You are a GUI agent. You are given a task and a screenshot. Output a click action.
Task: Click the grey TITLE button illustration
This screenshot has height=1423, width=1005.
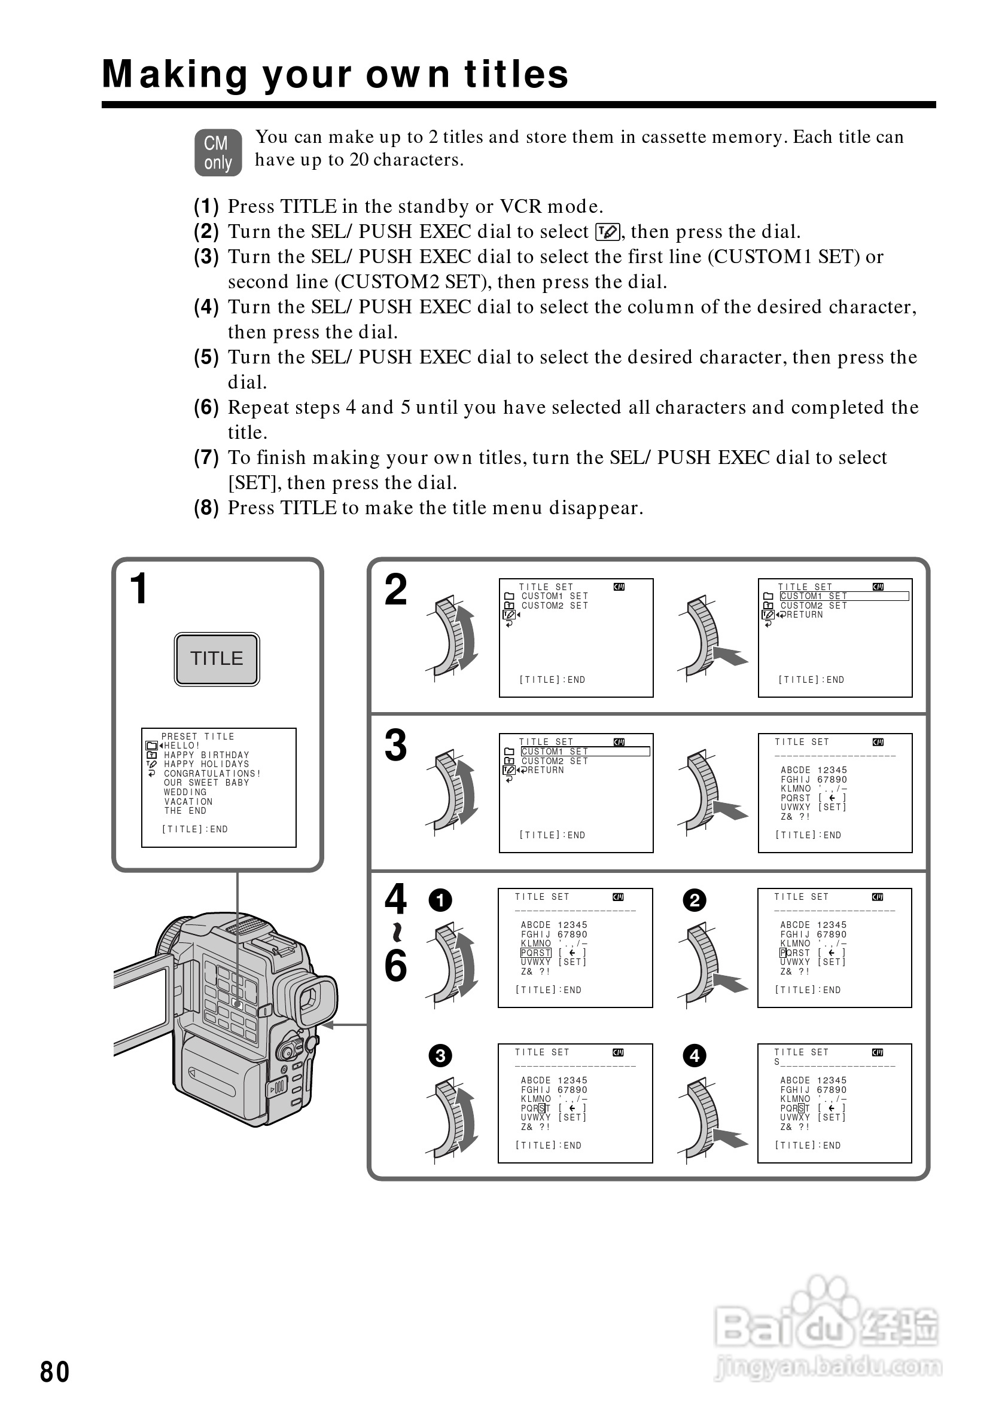coord(217,659)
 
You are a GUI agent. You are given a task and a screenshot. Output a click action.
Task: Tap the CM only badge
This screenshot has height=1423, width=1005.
coord(218,152)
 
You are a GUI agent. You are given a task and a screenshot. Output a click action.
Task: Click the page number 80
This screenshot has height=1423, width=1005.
coord(54,1372)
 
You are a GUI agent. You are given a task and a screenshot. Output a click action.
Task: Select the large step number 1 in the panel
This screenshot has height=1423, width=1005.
coord(138,589)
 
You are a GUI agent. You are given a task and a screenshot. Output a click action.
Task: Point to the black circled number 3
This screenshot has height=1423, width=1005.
coord(440,1055)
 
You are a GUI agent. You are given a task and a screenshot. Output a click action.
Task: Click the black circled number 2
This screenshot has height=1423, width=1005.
coord(695,900)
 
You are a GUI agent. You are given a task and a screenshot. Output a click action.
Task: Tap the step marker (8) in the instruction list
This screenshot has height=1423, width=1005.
coord(206,508)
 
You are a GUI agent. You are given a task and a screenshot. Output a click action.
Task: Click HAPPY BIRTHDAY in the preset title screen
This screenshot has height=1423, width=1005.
coord(206,755)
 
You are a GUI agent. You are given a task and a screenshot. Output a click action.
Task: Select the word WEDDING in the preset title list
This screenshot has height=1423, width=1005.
coord(185,792)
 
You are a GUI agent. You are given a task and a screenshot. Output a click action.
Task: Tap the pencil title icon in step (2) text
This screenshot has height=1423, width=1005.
coord(607,232)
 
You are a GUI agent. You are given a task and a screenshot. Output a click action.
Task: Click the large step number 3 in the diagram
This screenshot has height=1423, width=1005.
coord(395,746)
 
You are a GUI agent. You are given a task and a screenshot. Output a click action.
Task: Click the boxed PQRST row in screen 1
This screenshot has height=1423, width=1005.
coord(535,952)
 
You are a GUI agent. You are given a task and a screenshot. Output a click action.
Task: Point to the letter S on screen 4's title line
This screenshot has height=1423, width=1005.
coord(777,1062)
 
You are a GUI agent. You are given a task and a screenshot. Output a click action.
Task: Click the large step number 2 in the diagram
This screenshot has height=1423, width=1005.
coord(395,590)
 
